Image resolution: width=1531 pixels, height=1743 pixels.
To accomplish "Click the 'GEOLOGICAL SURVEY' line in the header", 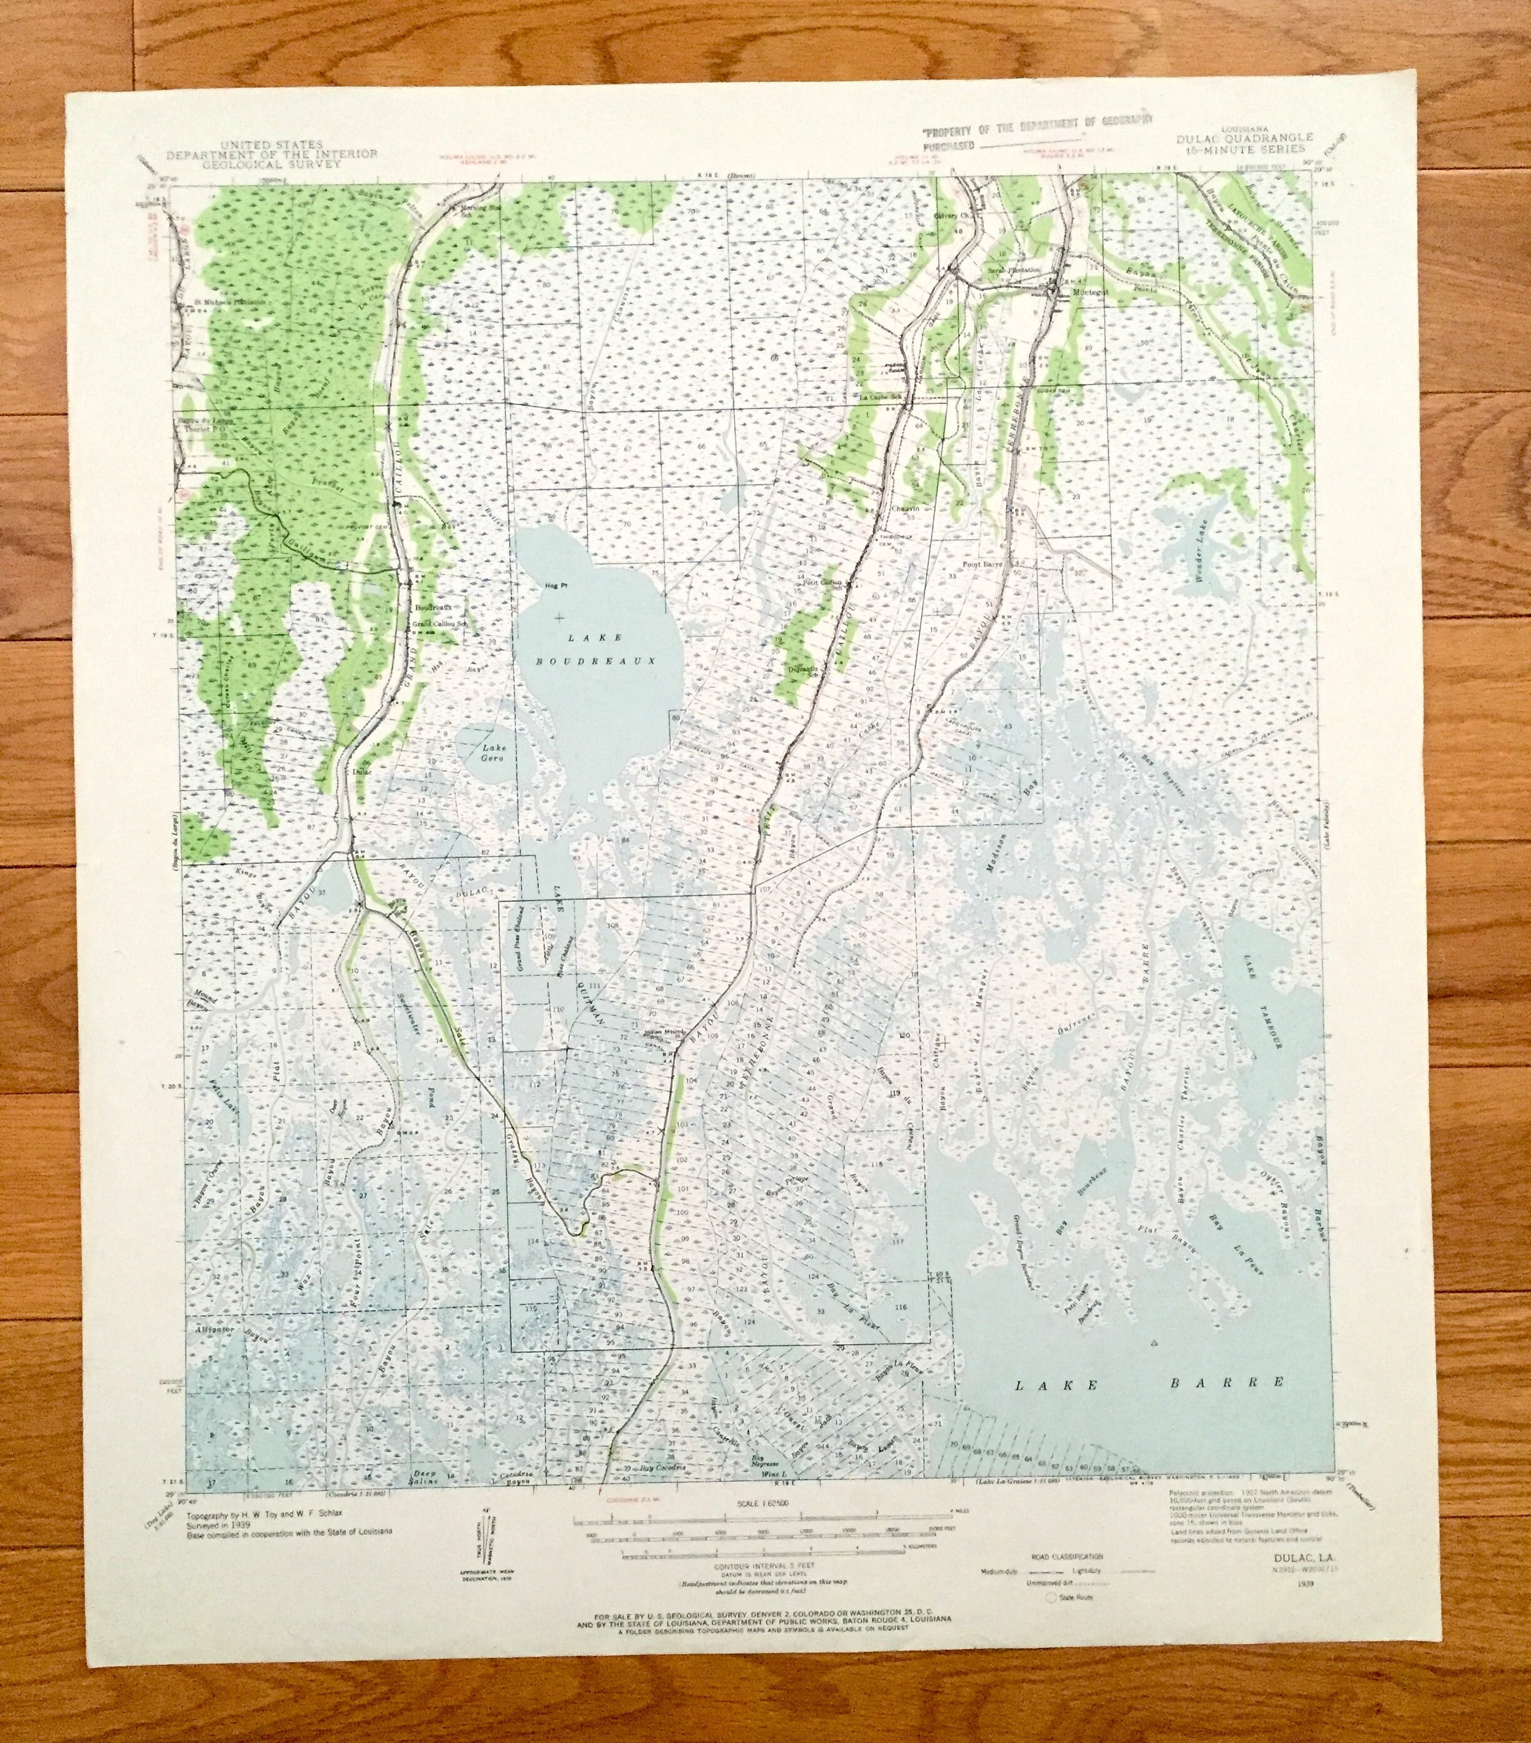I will pos(271,164).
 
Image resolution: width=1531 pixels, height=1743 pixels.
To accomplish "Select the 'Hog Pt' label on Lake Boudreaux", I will pos(554,586).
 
